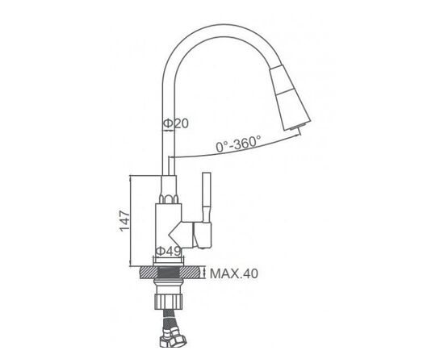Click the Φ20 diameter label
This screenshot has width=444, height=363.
click(x=175, y=123)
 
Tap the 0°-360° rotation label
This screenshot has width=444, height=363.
click(x=238, y=144)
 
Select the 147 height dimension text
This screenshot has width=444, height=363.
click(x=124, y=221)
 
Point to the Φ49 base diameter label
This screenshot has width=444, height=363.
click(x=169, y=251)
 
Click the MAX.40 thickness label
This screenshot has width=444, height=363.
click(x=234, y=273)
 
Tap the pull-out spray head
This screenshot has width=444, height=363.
click(x=291, y=98)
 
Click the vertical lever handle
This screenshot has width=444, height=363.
click(x=207, y=197)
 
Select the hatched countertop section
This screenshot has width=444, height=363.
click(x=172, y=273)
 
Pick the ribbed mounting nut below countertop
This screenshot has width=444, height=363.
click(x=169, y=302)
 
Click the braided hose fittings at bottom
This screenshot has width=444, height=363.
click(x=173, y=336)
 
